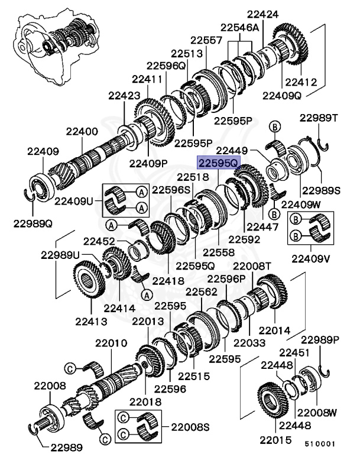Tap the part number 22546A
[x=240, y=27]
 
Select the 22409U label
[x=74, y=200]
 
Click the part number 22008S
[x=191, y=426]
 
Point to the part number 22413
[x=90, y=322]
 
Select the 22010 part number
[x=108, y=343]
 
